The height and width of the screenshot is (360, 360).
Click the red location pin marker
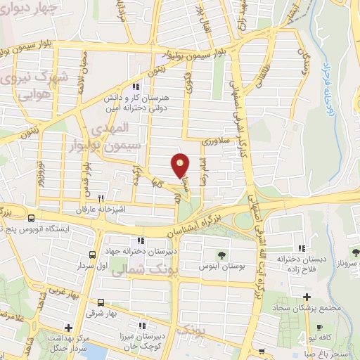coord(181,166)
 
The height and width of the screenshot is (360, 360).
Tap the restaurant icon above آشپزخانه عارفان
coord(101,199)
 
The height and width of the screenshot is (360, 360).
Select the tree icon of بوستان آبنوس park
coord(222,255)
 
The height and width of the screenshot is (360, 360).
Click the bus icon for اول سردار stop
coord(92,255)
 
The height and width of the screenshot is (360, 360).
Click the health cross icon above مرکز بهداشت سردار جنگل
coord(67,327)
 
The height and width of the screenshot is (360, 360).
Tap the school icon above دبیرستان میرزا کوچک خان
coord(143,326)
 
